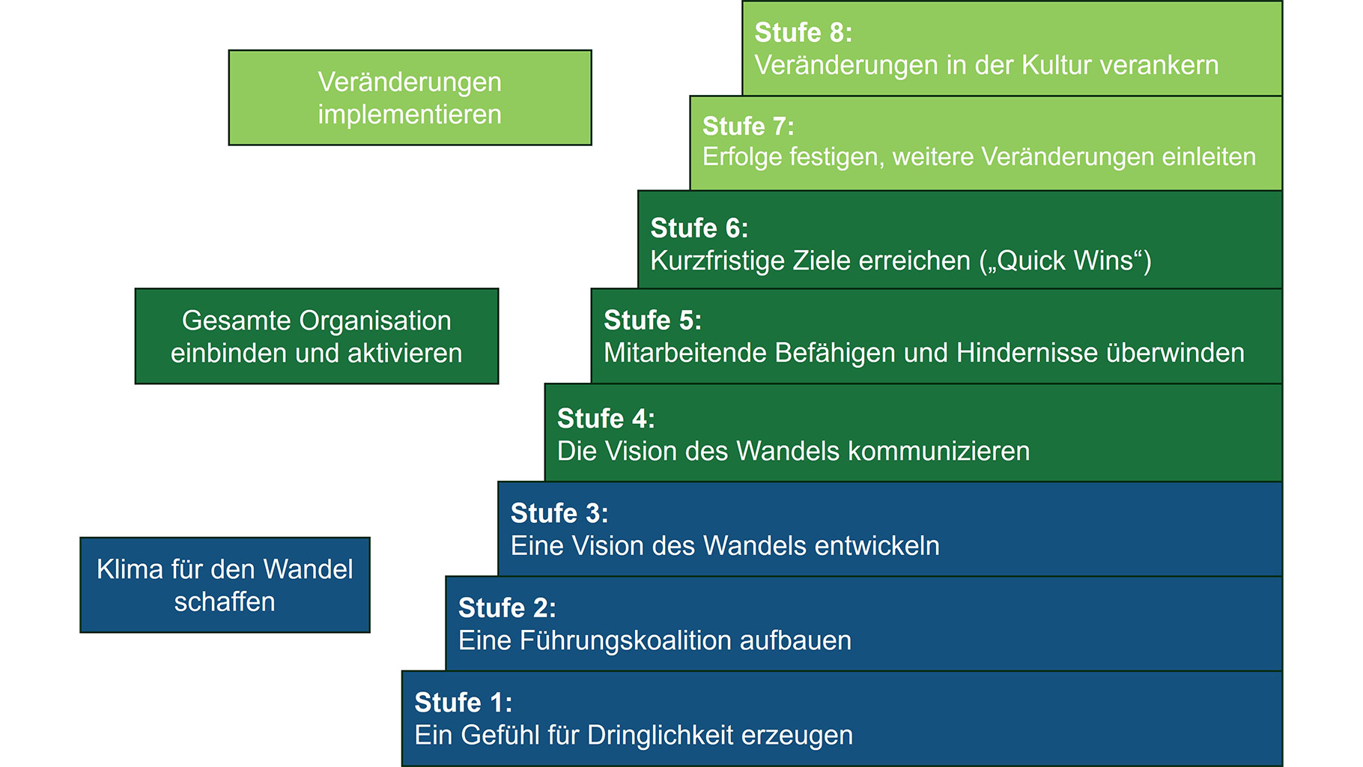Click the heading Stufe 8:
[x=803, y=33]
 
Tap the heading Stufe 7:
[x=748, y=126]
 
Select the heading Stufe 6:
[x=699, y=228]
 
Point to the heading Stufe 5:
[x=653, y=321]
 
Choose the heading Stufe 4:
[x=606, y=419]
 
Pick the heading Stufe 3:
[x=559, y=514]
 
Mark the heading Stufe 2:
[x=507, y=608]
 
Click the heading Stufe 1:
[x=464, y=703]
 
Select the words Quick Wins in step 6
[x=1066, y=261]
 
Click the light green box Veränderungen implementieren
[x=410, y=97]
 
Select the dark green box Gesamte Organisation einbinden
[x=317, y=336]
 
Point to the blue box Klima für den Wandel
[x=225, y=585]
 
